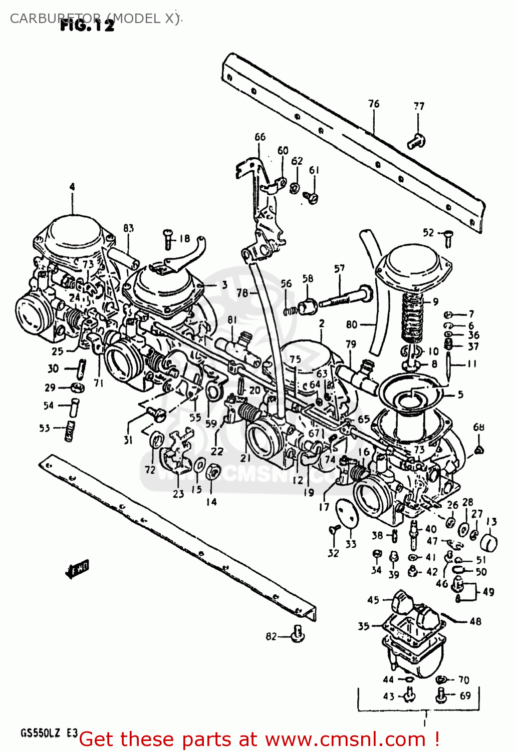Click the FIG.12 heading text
pos(87,26)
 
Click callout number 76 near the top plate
pos(374,104)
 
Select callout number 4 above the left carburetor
pos(72,187)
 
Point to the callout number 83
pos(129,228)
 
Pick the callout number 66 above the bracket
pos(260,137)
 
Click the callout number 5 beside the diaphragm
pos(460,395)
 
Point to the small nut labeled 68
pos(479,450)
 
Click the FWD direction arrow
pos(77,569)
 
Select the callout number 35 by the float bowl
pos(363,626)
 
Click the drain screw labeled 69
pos(442,695)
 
